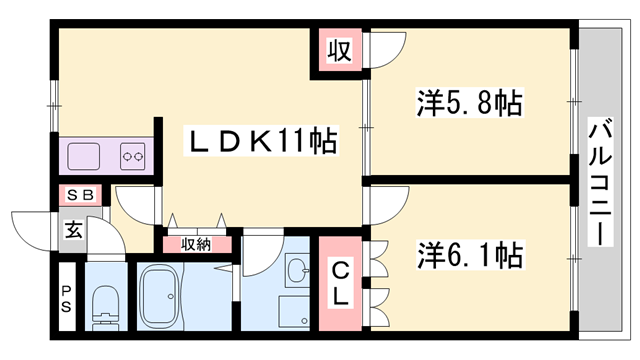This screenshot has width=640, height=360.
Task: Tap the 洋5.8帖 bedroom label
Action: (x=469, y=104)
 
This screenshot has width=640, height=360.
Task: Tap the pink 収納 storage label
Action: (x=196, y=243)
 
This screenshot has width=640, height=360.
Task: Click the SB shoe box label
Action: (x=80, y=196)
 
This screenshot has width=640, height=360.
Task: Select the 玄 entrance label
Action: (x=73, y=229)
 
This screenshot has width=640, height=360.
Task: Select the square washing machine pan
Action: (x=295, y=311)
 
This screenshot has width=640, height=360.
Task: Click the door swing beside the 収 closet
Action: (x=389, y=50)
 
